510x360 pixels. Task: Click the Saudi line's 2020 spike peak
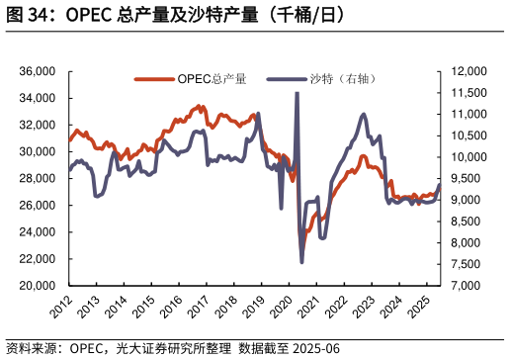click(x=297, y=93)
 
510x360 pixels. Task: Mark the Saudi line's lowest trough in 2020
click(x=301, y=262)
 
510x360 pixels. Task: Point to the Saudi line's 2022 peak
click(x=364, y=115)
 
